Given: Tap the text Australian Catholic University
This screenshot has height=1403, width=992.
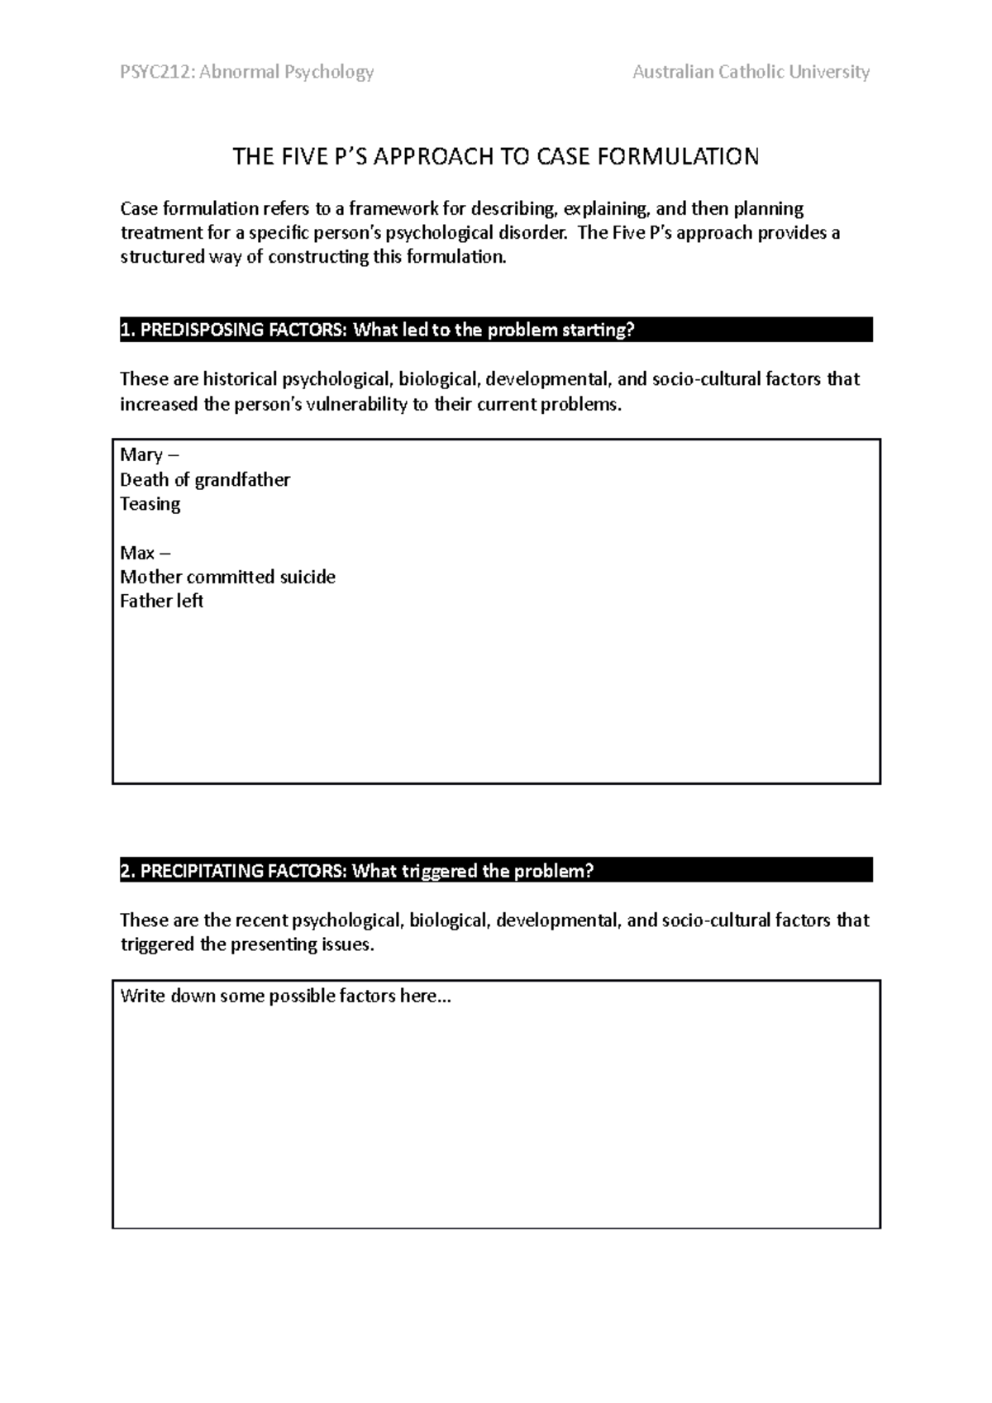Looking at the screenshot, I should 751,73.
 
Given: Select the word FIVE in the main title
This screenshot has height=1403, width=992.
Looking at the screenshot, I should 304,157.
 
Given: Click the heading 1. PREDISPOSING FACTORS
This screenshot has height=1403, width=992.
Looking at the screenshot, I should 234,331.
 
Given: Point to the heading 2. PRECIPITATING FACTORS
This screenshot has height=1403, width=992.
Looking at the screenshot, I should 234,872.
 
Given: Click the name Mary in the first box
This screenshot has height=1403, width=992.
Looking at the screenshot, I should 141,455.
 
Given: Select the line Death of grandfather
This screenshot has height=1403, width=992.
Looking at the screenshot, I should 205,480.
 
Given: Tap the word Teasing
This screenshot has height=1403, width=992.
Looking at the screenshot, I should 150,504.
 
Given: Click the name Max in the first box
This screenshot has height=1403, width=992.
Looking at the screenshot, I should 137,553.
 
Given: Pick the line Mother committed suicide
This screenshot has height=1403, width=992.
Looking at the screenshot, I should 227,577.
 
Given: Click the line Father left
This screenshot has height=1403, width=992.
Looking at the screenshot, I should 161,602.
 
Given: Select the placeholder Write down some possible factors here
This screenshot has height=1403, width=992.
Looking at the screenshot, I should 285,996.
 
